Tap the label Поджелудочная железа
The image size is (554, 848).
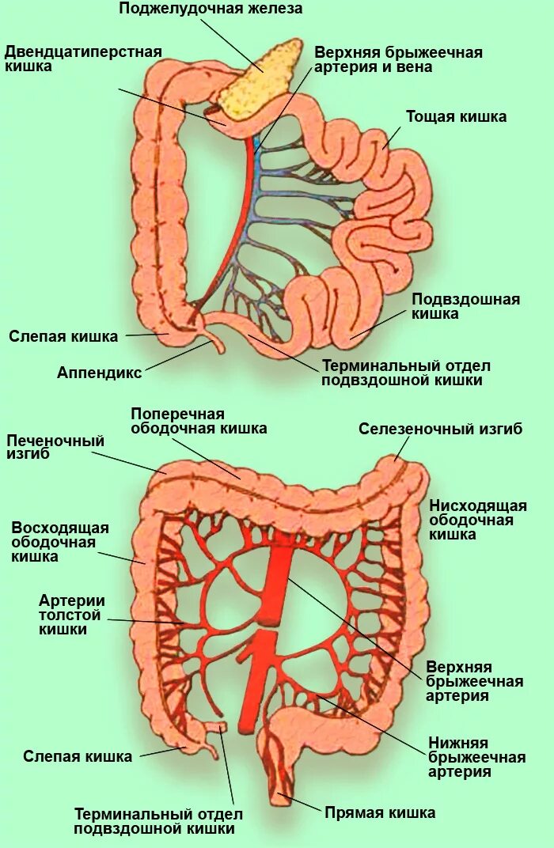[x=211, y=9]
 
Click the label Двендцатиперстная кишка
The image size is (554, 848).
[x=83, y=59]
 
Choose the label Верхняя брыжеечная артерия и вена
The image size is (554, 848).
[x=398, y=60]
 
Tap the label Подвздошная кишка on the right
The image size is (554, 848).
[x=465, y=306]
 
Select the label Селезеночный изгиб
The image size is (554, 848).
[x=440, y=429]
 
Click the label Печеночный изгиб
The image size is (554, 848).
[x=55, y=448]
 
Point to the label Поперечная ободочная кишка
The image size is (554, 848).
[x=199, y=421]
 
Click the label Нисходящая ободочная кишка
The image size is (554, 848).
[x=477, y=520]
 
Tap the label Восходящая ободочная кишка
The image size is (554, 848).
[x=60, y=542]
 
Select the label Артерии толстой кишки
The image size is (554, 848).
[x=71, y=615]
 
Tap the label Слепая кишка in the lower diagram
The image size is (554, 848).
[x=78, y=756]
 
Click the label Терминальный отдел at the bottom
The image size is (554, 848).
[x=158, y=821]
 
